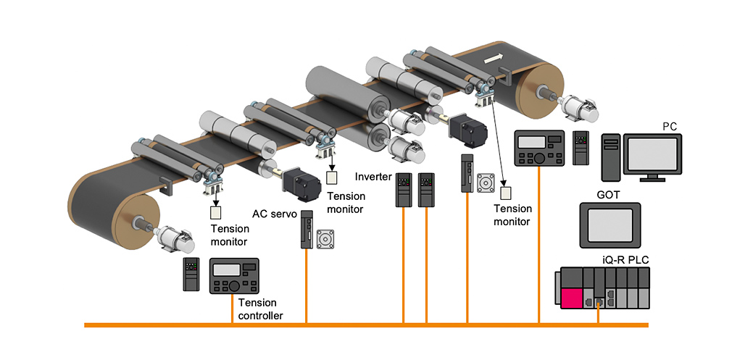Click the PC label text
[x=670, y=127]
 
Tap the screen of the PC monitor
[x=653, y=155]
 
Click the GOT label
[x=607, y=195]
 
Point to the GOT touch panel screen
[x=610, y=226]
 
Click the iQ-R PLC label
[x=623, y=259]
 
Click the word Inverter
[x=373, y=177]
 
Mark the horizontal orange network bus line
[x=362, y=325]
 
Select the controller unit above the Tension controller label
[x=234, y=275]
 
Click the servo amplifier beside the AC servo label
[x=307, y=230]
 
